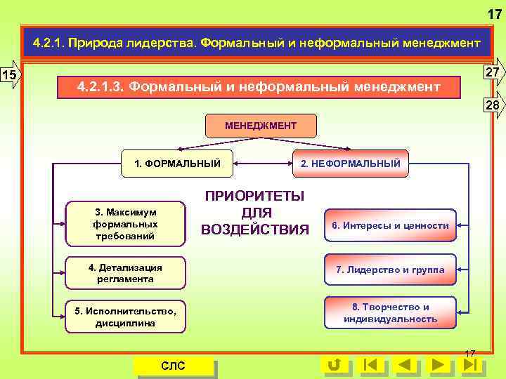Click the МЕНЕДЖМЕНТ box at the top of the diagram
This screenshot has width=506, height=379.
click(x=261, y=126)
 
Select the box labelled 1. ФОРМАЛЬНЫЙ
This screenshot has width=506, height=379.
click(x=177, y=164)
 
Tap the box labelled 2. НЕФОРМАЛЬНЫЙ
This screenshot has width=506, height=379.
click(x=350, y=164)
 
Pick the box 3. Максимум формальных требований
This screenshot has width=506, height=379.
click(x=125, y=224)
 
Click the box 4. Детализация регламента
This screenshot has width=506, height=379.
click(x=125, y=273)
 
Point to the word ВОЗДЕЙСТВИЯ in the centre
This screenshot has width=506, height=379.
click(x=254, y=230)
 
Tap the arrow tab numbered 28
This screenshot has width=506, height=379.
click(x=493, y=105)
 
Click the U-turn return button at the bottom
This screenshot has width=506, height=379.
click(x=335, y=365)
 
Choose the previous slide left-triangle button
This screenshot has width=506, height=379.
click(x=405, y=365)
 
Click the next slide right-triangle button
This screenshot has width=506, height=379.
click(x=439, y=365)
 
